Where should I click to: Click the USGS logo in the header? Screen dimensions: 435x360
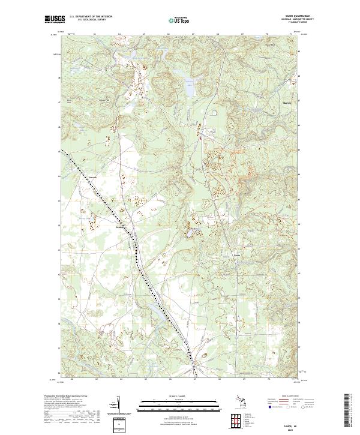(x=54, y=19)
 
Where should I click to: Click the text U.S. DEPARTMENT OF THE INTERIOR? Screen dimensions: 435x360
(x=91, y=17)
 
